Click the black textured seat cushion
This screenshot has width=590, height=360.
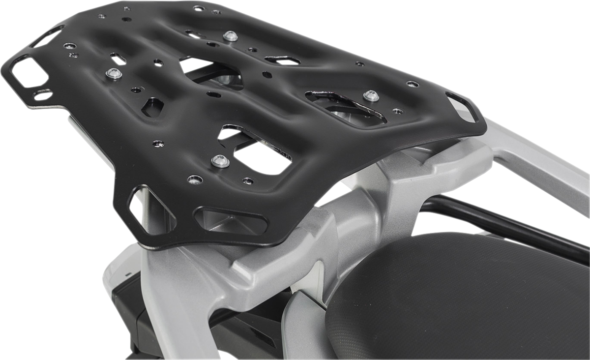coord(457,295)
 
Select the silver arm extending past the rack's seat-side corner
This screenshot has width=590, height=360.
coord(541,162)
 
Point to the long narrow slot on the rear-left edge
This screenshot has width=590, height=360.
coord(47,37)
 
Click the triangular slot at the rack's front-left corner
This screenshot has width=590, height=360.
coord(150,209)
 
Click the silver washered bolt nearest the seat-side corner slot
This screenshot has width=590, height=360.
coord(371,96)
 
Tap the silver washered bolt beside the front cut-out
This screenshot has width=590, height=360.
coord(220,161)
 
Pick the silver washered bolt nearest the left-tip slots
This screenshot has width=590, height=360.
coord(114,74)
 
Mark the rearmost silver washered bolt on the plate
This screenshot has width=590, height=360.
coord(230,36)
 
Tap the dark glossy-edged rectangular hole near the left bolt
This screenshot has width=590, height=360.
coord(152,107)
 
